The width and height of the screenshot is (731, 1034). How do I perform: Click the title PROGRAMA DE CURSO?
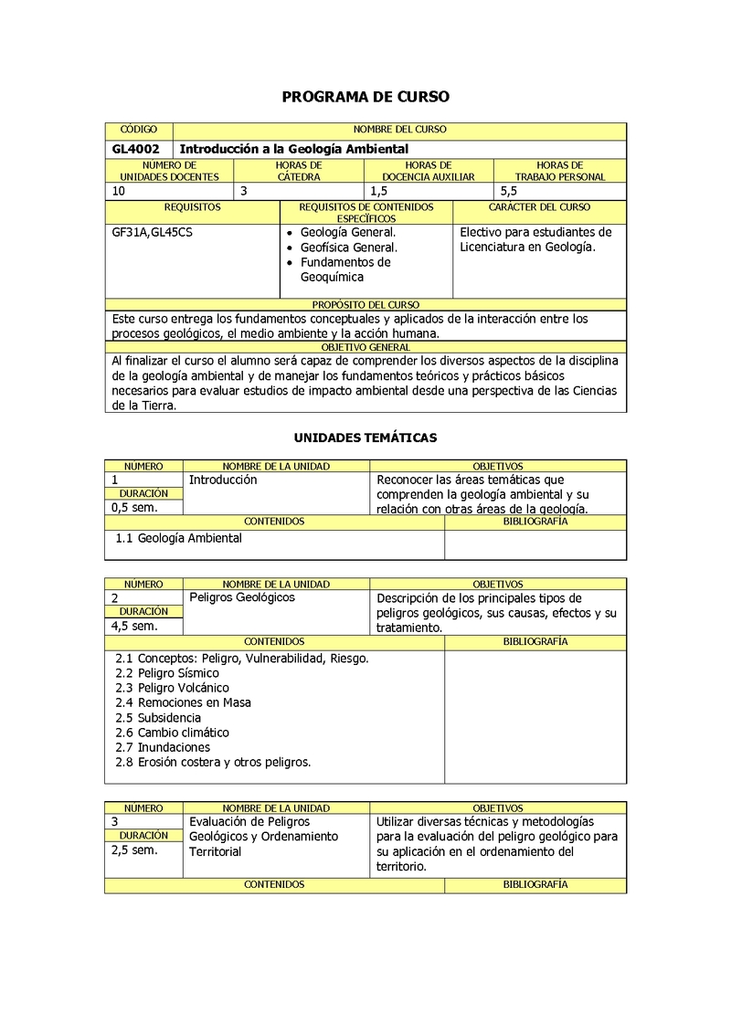(x=365, y=96)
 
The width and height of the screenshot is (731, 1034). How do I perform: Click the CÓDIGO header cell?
(x=139, y=131)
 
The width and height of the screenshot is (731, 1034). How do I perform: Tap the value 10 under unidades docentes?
(x=120, y=191)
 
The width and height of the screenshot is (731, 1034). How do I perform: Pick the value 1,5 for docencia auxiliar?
(x=379, y=191)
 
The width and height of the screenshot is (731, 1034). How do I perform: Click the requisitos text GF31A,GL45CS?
(x=152, y=232)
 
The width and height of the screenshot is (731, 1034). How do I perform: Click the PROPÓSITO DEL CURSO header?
(x=365, y=305)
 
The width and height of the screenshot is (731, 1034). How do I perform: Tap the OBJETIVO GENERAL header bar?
(x=365, y=348)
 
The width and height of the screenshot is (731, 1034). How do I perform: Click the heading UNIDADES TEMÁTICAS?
(x=365, y=438)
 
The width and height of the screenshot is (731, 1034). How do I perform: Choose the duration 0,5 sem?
(x=134, y=507)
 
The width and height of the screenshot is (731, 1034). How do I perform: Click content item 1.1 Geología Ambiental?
(x=179, y=538)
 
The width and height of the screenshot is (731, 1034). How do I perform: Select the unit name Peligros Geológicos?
(x=242, y=597)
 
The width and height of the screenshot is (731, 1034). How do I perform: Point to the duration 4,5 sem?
(x=134, y=626)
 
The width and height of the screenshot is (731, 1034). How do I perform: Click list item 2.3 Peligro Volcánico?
(x=173, y=688)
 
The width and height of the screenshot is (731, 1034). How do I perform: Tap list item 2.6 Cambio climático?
(x=173, y=733)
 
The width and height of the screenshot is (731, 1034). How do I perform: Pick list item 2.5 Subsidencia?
(x=158, y=718)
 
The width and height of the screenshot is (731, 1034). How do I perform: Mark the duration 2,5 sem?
(x=134, y=849)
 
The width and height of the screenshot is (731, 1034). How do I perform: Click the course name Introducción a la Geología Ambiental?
(x=293, y=149)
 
